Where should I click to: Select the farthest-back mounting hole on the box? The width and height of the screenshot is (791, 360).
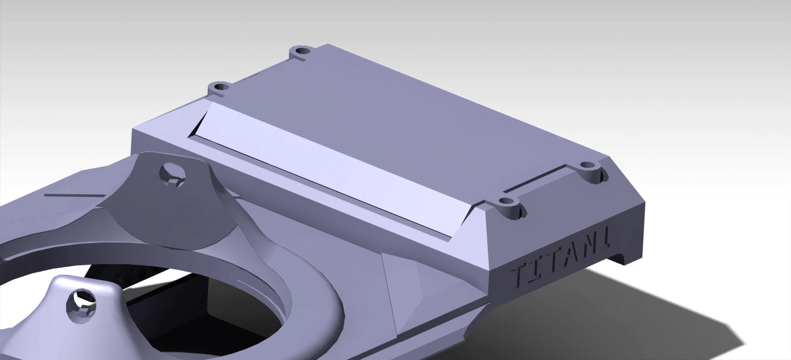302,51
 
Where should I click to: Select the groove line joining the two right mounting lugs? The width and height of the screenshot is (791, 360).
534,180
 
